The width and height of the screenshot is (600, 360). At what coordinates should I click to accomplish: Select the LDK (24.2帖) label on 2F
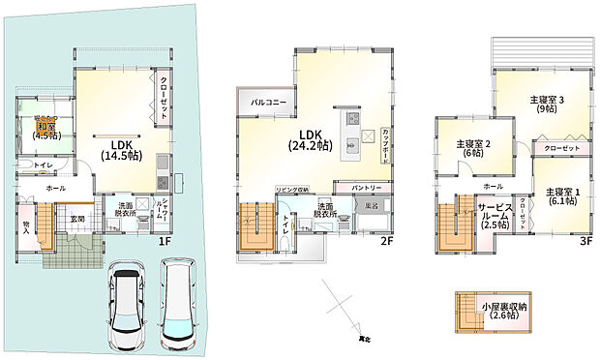(x=309, y=140)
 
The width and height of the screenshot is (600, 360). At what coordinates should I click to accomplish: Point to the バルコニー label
(x=265, y=102)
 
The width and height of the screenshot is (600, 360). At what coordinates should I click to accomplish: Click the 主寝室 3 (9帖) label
(x=547, y=105)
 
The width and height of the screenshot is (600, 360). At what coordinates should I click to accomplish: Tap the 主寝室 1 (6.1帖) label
(x=562, y=196)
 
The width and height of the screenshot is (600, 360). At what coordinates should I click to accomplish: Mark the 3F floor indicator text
(x=585, y=242)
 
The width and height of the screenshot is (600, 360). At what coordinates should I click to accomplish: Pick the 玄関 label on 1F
(x=75, y=220)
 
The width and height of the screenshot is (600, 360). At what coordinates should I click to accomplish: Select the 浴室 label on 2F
(x=372, y=206)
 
